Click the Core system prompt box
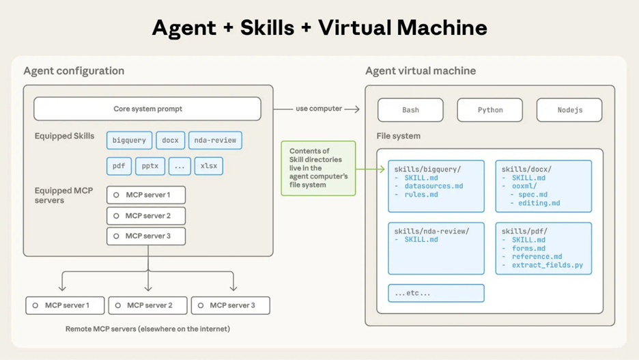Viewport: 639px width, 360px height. [x=147, y=109]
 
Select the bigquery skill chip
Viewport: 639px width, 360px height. [x=129, y=140]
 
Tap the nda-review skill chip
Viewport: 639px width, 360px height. [x=215, y=140]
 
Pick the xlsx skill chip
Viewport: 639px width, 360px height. [x=208, y=166]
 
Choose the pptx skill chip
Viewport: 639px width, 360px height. [x=150, y=166]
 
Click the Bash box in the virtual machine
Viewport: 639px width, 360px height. [x=410, y=110]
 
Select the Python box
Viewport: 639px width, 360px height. [x=489, y=110]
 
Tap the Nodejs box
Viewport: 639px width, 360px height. [x=569, y=110]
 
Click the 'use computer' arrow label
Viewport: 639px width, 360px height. [x=318, y=109]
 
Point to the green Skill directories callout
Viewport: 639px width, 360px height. [x=318, y=168]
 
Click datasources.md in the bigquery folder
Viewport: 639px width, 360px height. [x=434, y=186]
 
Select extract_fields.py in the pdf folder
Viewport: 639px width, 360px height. [x=547, y=265]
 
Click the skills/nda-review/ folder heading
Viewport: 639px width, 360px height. [x=431, y=232]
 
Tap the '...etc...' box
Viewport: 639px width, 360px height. [x=436, y=293]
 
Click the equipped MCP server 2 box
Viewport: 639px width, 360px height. [x=146, y=216]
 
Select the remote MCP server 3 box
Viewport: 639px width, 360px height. [x=231, y=305]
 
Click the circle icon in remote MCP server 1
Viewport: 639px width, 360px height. [x=35, y=305]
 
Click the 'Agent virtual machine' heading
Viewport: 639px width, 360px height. [x=421, y=71]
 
